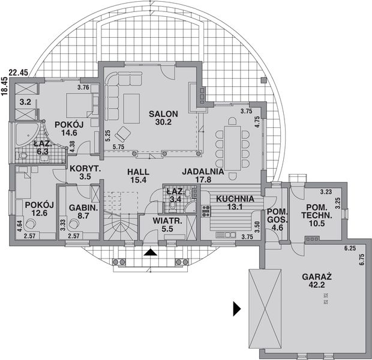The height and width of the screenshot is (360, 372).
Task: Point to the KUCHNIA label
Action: pyautogui.click(x=235, y=199)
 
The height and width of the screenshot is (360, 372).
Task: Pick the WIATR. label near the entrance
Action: pyautogui.click(x=162, y=220)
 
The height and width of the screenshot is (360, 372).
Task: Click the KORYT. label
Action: pyautogui.click(x=84, y=169)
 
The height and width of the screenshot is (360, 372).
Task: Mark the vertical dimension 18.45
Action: pyautogui.click(x=5, y=88)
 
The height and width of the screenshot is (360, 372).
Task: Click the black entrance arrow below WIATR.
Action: pyautogui.click(x=152, y=253)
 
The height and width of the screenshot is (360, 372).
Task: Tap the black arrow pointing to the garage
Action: pyautogui.click(x=237, y=309)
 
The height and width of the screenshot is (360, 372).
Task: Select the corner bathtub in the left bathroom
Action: pyautogui.click(x=24, y=133)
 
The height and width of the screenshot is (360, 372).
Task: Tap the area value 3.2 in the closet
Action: pyautogui.click(x=25, y=102)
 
